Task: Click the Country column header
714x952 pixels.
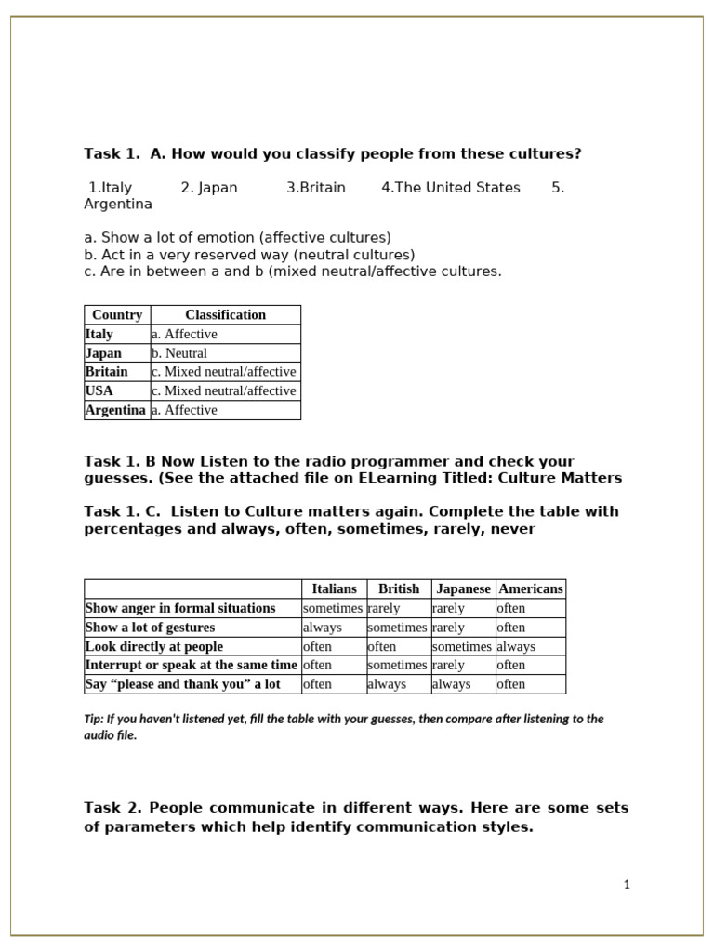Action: (117, 315)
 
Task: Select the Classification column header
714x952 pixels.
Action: (225, 315)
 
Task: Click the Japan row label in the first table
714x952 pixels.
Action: (103, 353)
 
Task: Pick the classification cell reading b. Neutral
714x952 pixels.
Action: (179, 353)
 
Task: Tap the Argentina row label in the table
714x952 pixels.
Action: (115, 410)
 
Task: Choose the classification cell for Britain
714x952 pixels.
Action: (223, 372)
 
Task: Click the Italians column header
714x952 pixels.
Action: (334, 588)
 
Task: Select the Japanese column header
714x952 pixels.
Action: (463, 588)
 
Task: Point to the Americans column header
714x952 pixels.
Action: (531, 588)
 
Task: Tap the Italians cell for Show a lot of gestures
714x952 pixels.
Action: (323, 628)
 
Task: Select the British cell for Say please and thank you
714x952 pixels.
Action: (387, 684)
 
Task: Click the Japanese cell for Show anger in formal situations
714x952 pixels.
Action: (447, 608)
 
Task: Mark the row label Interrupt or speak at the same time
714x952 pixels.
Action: (192, 665)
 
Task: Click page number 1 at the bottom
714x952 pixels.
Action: (627, 885)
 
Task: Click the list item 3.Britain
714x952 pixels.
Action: (316, 188)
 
